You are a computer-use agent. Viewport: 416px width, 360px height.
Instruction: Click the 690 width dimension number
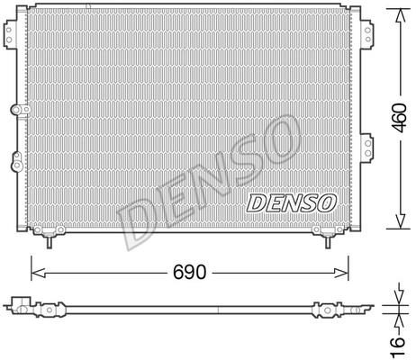[190, 272]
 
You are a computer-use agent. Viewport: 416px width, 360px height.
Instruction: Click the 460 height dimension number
[400, 118]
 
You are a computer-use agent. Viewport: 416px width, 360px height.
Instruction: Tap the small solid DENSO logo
[291, 202]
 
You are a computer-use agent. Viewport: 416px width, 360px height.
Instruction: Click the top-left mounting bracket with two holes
[10, 34]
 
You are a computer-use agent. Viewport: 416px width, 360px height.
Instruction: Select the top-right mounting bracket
[366, 34]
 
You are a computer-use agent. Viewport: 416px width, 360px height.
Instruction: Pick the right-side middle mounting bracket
[367, 148]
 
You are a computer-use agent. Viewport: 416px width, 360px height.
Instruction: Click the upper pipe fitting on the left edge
[21, 110]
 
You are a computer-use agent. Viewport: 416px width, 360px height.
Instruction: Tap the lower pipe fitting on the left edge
[17, 162]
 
